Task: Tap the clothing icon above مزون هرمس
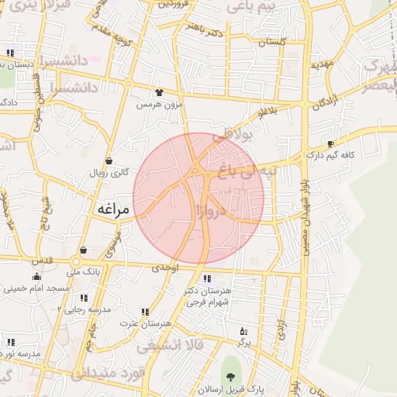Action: coord(160,91)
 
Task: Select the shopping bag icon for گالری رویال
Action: coord(109,161)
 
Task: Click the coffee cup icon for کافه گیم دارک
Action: coord(331,144)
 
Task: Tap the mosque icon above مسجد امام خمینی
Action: coord(36,277)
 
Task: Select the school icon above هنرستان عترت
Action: coord(145,312)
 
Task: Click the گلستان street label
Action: coord(272,42)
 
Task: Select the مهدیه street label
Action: coord(322,66)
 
